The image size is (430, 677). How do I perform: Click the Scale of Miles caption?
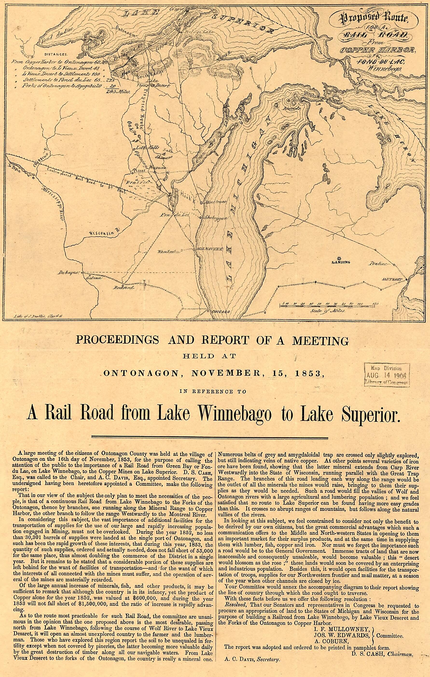pyautogui.click(x=328, y=311)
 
